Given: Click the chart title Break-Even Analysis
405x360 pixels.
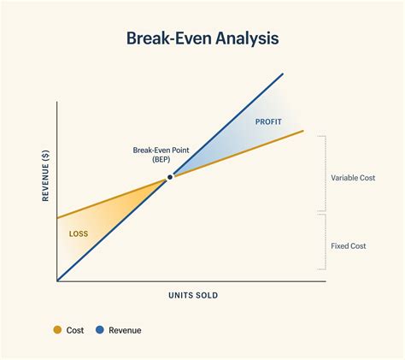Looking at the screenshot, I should coord(202,38).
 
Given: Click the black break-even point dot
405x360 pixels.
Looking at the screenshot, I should coord(170,177).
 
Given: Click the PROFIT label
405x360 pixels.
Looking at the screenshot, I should coord(267,121).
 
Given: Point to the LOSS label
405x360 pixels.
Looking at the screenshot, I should coord(78,233).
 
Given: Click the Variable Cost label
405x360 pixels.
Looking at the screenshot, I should coord(353,178).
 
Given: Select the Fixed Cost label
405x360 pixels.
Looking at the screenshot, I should coord(348,246).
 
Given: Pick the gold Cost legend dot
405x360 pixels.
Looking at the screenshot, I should coord(57,330).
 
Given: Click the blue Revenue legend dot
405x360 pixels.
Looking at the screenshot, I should coord(100,330).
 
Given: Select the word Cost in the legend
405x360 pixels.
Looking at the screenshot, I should coord(75,330).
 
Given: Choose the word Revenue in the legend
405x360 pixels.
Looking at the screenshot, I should coord(125,330).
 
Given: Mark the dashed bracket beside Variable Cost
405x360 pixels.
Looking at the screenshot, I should coord(323,174).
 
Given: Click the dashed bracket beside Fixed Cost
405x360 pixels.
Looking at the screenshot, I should coord(323,246).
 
